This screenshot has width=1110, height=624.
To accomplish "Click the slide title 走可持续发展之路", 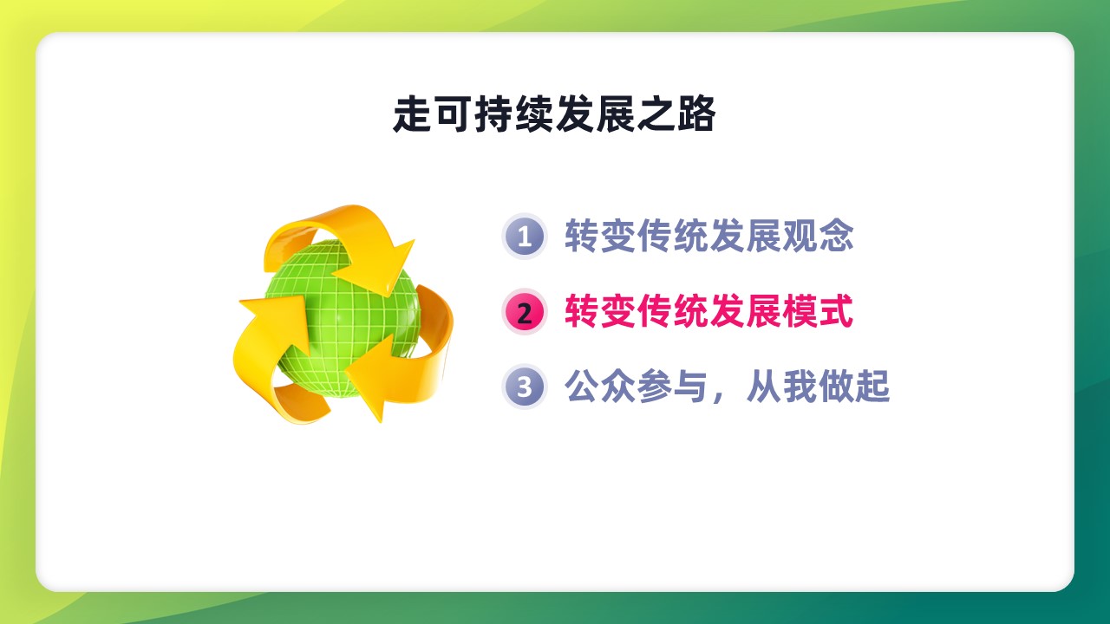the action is [554, 114].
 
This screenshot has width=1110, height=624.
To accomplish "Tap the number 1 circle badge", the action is [525, 237].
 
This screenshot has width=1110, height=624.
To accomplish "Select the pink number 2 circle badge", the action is [525, 312].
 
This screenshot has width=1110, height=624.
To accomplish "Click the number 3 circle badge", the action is [525, 387].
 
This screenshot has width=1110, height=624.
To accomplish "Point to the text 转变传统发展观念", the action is [709, 236].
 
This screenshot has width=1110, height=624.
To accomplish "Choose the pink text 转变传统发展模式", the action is [709, 311].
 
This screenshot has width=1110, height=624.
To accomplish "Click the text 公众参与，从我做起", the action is [727, 387].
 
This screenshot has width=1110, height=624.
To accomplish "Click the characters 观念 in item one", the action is [818, 236].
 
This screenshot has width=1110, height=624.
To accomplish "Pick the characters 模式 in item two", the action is [818, 311].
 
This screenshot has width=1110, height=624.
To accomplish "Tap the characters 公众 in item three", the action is [600, 387].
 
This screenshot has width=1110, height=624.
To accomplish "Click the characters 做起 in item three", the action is [854, 387].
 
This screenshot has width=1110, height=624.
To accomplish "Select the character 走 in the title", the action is [412, 114].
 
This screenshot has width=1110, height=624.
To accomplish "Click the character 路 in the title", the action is [696, 114].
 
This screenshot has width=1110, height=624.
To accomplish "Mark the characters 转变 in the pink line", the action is [600, 311].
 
